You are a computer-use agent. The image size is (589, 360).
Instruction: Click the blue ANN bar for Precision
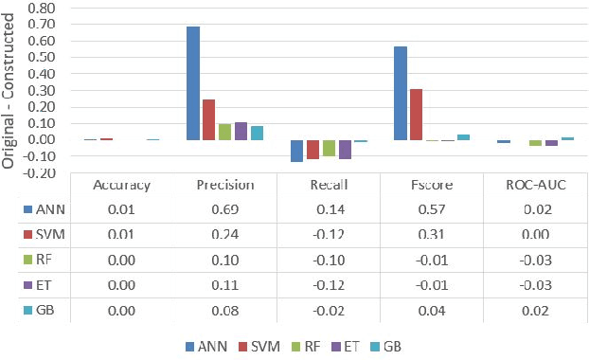point(193,83)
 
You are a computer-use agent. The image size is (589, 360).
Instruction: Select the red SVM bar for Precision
point(209,119)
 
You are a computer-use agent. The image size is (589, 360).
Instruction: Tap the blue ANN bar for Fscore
point(401,93)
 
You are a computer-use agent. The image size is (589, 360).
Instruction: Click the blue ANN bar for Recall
point(296,151)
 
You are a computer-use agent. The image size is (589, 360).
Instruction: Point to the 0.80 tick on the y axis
point(42,7)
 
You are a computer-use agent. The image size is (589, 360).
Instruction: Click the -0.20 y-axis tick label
point(41,173)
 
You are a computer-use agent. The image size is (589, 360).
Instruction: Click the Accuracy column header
point(121,185)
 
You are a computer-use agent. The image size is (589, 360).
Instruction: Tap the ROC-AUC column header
point(536,185)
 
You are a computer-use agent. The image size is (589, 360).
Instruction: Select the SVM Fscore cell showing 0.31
point(432,233)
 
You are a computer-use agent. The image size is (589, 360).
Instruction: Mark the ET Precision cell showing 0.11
point(224,282)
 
